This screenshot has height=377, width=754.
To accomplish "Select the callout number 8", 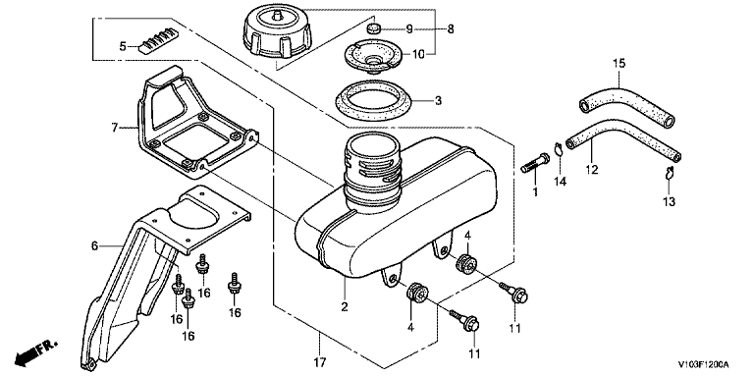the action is click(x=450, y=29).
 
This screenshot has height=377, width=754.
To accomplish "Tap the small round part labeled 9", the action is click(x=373, y=27).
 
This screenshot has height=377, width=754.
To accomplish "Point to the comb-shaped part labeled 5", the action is click(x=158, y=39).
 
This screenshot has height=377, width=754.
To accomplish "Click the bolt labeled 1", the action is click(x=536, y=163).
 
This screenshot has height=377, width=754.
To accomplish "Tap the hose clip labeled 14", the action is click(x=558, y=149).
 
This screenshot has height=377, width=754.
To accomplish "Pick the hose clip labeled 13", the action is click(x=669, y=174).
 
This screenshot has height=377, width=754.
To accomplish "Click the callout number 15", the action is click(x=619, y=63).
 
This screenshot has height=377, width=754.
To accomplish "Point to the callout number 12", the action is click(x=591, y=169).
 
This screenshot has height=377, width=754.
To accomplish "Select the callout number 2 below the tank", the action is click(x=345, y=306).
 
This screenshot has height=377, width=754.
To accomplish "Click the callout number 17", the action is click(x=320, y=361).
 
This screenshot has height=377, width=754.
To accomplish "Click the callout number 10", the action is click(x=418, y=54).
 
